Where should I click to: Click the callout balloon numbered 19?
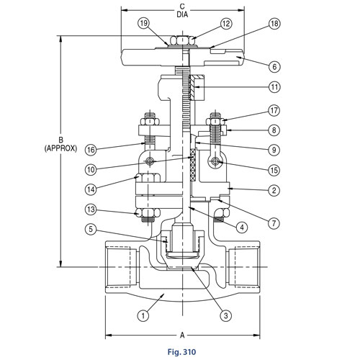pos(144,24)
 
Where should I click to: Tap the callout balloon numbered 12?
pos(226,24)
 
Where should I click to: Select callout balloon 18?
pos(274,24)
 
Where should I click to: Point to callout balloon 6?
pos(274,66)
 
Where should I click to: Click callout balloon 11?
pos(274,87)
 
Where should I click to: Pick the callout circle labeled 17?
pos(274,111)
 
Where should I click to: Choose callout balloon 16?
pos(91,150)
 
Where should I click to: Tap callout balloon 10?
pos(91,170)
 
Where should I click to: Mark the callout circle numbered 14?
pos(91,189)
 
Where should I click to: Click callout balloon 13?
pos(91,210)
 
